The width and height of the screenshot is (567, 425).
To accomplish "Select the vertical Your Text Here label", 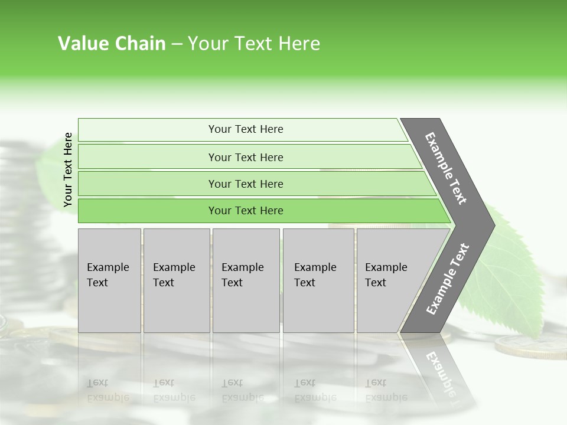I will point(68,169).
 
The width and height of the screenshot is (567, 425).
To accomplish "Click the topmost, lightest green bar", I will point(245,129).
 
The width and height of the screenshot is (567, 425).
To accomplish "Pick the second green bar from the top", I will point(245,157).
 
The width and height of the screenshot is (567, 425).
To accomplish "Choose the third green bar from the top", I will point(245,184).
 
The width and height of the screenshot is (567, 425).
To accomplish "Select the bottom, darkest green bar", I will point(245,211).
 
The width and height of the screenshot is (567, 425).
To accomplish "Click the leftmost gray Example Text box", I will point(109,280).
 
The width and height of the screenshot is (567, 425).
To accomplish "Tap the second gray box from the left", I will point(176,280).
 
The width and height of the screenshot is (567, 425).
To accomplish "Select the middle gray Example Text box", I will point(246,280).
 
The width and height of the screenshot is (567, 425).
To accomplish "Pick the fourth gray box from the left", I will point(318,280).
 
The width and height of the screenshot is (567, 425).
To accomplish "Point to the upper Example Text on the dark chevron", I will point(446,168).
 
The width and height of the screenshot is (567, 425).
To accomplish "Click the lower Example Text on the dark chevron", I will point(448,279).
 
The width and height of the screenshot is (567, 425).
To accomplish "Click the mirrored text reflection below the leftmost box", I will point(108,390).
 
